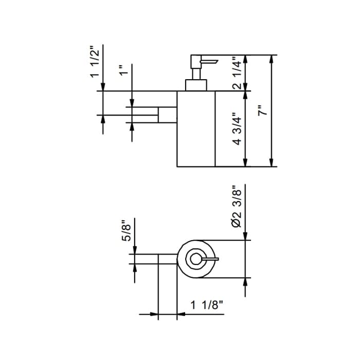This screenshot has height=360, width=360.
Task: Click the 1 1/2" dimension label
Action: point(95,62)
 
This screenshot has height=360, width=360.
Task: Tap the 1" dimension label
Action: point(124,70)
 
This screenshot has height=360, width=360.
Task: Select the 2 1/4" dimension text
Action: point(237,73)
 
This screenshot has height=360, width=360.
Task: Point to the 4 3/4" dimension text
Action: point(237,129)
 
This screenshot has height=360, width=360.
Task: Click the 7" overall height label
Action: point(263,111)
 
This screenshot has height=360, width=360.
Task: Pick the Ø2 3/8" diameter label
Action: point(237,206)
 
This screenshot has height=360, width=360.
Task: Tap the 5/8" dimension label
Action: point(127,230)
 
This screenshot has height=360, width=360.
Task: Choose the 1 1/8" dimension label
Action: point(207,305)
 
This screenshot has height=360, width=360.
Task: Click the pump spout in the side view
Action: point(209,62)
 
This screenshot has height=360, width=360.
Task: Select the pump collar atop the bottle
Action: point(196,85)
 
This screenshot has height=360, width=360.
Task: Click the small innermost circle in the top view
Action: point(196,259)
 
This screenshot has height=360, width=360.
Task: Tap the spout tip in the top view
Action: point(217,259)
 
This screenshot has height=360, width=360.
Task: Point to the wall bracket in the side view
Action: point(167,115)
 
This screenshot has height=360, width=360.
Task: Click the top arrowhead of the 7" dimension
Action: point(272,59)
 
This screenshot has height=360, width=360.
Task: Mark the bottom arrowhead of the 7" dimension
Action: point(272,163)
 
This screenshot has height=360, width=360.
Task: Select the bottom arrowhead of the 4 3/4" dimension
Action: point(245,163)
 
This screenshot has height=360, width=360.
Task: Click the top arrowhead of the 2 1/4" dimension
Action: point(245,59)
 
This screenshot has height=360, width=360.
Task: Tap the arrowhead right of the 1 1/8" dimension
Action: point(181,314)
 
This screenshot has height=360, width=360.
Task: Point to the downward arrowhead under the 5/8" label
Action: point(135,250)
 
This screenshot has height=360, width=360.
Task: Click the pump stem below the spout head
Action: point(196,74)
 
